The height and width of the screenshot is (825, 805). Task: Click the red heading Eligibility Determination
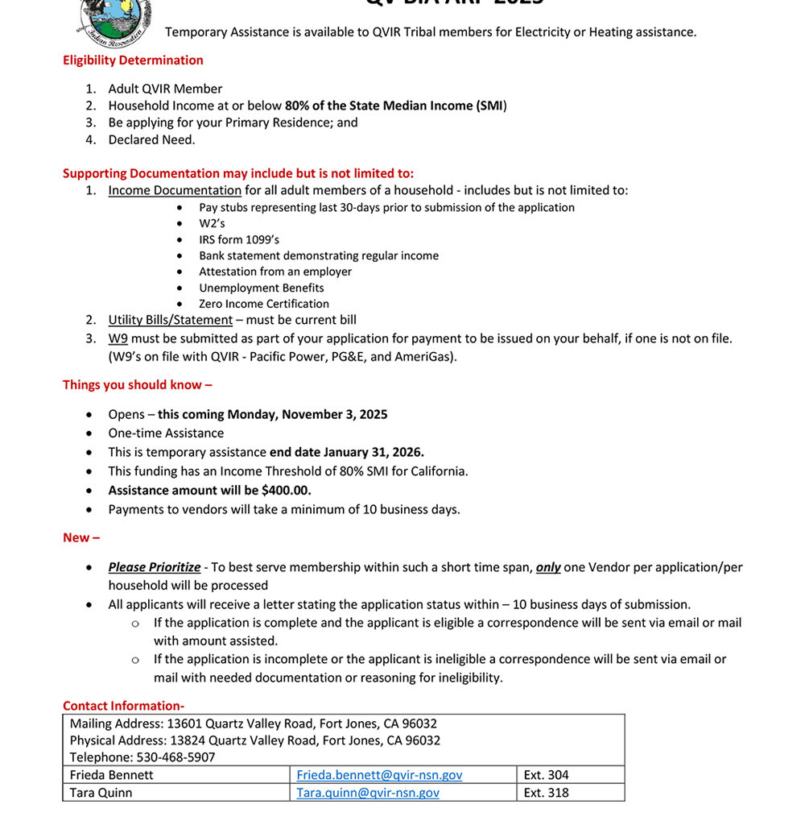point(133,60)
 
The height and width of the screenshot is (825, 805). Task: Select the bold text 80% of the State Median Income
point(394,106)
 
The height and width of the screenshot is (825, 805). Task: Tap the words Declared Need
point(151,139)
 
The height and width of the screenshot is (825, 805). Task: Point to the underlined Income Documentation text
point(175,190)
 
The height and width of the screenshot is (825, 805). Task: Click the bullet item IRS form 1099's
point(239,239)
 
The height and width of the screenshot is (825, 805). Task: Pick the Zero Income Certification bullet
point(264,304)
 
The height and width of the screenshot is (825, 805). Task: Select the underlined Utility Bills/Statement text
point(171,320)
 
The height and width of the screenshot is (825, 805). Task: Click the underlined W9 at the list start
point(118,338)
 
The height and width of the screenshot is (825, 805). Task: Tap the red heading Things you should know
point(137,385)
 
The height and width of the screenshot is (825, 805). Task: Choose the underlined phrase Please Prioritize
point(155,567)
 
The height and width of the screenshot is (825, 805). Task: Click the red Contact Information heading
point(123,706)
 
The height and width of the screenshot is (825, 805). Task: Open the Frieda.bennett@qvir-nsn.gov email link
point(379,775)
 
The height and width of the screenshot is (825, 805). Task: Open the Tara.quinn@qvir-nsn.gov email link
point(368,793)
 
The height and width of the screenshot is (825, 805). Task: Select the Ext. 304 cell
point(546,775)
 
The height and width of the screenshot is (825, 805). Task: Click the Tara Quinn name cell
point(101,793)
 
